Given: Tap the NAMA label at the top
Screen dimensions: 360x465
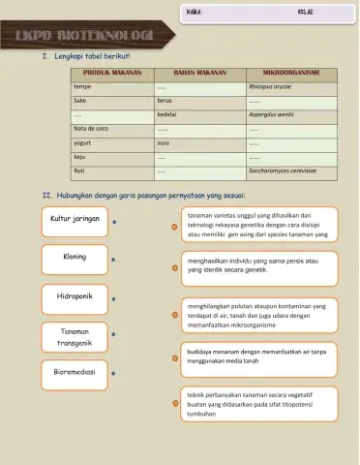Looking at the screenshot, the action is (193, 13).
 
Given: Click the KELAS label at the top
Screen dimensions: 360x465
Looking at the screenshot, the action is (306, 13).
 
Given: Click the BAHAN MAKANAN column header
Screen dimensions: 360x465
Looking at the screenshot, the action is (198, 73).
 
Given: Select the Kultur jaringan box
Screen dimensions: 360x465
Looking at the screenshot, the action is (75, 219).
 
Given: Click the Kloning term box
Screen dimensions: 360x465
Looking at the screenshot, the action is (75, 258).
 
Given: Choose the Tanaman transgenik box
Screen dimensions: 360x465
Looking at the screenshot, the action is (75, 336).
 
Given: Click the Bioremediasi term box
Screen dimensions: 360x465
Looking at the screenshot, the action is (75, 371).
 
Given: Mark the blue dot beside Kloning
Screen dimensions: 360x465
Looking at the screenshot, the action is (114, 260).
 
